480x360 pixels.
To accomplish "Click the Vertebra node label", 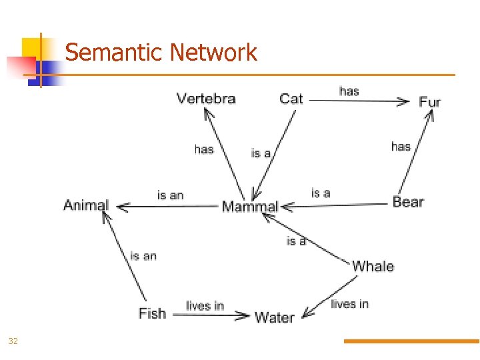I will point(206,99).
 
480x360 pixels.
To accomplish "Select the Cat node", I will point(291,99).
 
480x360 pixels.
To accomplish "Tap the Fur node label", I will point(430,102).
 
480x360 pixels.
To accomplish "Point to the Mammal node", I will point(249,206).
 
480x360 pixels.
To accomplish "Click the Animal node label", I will point(86,205).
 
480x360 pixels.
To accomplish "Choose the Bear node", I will point(408,201).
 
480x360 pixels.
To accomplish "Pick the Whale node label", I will point(373,266).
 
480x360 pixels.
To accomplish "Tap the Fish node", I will point(152,313).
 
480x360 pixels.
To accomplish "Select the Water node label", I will point(275,317).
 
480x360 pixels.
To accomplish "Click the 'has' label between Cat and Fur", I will point(349,91).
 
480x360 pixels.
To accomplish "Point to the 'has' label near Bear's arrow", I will point(401,146).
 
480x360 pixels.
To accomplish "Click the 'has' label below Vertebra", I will point(204,149).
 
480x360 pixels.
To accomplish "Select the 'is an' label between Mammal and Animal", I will point(170,195).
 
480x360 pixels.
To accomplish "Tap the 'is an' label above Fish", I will point(143,255).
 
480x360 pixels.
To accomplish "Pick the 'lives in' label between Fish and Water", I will point(205,305).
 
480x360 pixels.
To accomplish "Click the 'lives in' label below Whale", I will point(349,304).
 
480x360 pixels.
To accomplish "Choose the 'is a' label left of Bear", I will point(321,193).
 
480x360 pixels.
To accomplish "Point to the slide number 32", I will point(13,341).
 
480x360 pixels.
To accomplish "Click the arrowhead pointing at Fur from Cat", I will point(403,101).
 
